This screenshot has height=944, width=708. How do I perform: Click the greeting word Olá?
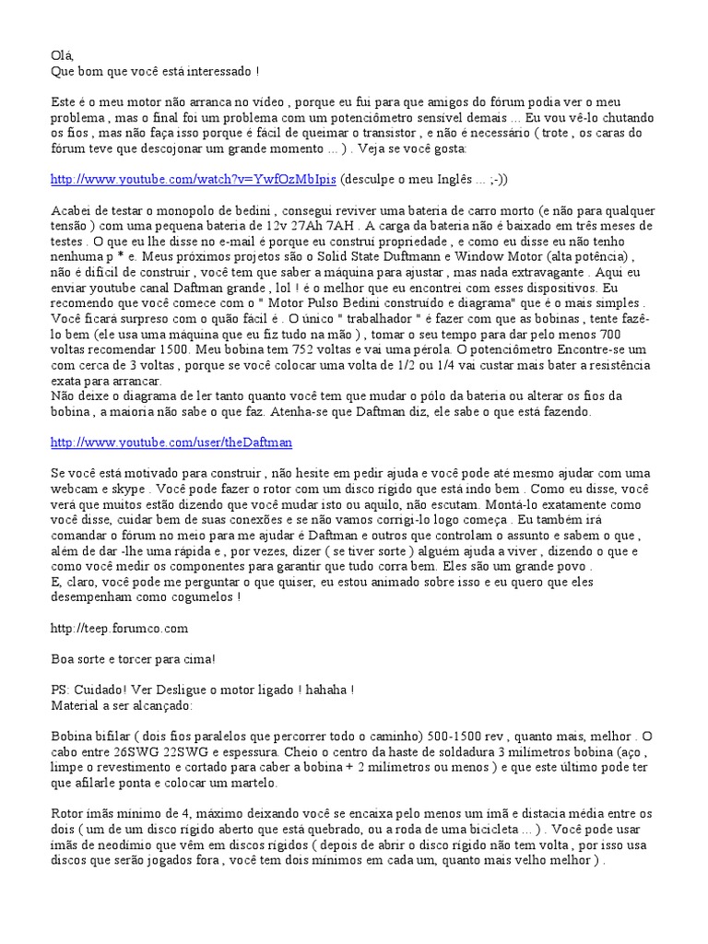[61, 55]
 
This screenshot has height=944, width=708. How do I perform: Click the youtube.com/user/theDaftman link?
[171, 442]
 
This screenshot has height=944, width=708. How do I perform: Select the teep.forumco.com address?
[120, 628]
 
